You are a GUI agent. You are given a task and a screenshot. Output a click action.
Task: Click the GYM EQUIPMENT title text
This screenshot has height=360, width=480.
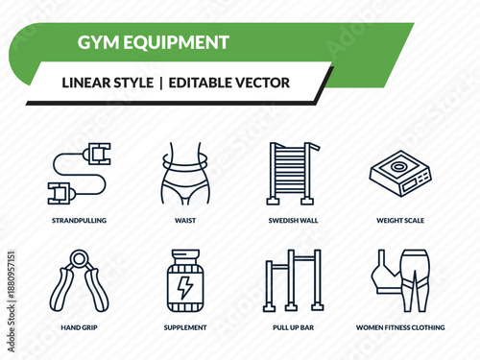pyautogui.click(x=153, y=42)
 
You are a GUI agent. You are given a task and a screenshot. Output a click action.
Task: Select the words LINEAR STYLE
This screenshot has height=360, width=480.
pyautogui.click(x=107, y=83)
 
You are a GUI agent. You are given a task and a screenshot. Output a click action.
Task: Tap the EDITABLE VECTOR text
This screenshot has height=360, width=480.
pyautogui.click(x=228, y=83)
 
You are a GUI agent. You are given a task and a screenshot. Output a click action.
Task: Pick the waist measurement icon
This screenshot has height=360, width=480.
pyautogui.click(x=185, y=175)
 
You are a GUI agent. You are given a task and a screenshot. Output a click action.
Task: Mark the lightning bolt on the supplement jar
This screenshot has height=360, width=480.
pyautogui.click(x=185, y=287)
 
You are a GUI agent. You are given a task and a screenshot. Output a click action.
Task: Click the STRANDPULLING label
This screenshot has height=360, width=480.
pyautogui.click(x=80, y=220)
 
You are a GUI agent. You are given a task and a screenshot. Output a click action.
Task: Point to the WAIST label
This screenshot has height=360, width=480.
pyautogui.click(x=185, y=220)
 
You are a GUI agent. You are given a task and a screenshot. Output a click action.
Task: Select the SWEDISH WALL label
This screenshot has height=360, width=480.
pyautogui.click(x=294, y=220)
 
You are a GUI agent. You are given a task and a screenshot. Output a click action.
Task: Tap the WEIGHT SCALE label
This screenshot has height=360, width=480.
pyautogui.click(x=401, y=220)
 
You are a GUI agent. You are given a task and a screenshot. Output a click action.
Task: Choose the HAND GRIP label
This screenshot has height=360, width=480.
pyautogui.click(x=80, y=327)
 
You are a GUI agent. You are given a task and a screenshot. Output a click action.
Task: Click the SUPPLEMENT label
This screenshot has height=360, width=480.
pyautogui.click(x=185, y=327)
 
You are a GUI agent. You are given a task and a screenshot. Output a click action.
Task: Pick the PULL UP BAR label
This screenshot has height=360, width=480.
pyautogui.click(x=293, y=327)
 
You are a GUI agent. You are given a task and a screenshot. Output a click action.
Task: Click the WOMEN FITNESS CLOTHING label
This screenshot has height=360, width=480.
pyautogui.click(x=401, y=327)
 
